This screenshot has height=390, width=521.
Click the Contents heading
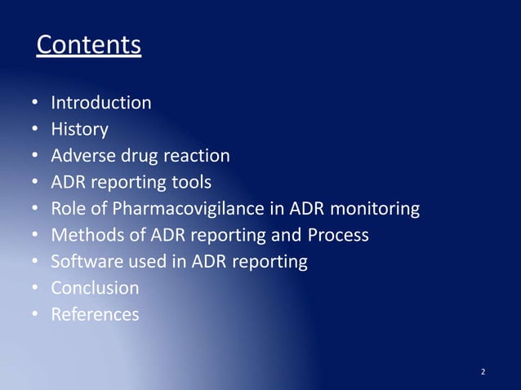click(89, 45)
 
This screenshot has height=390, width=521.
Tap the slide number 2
click(483, 372)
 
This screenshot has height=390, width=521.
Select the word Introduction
click(101, 103)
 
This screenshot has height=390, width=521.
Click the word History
click(79, 129)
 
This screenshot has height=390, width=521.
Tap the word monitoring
click(372, 209)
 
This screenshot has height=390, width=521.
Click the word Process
click(339, 235)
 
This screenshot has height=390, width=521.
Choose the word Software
click(86, 261)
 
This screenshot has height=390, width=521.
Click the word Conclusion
click(95, 288)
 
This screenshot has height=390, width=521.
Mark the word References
click(95, 314)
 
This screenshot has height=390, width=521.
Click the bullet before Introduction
click(35, 104)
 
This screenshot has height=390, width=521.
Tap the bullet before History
click(35, 130)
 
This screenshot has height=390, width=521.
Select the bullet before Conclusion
click(35, 289)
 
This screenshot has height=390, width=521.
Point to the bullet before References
click(35, 315)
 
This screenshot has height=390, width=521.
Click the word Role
click(68, 209)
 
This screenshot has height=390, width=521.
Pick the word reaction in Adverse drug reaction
click(199, 155)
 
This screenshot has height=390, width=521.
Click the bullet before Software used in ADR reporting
click(35, 262)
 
